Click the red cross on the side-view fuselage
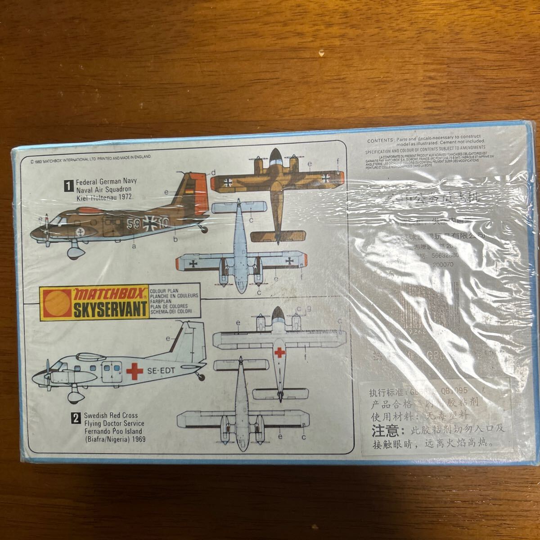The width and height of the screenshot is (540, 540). pyautogui.click(x=134, y=371)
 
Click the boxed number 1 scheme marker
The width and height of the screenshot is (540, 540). pyautogui.click(x=69, y=183)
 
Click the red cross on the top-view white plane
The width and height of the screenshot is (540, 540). pyautogui.click(x=279, y=352)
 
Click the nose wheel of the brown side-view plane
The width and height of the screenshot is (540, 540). pyautogui.click(x=73, y=252)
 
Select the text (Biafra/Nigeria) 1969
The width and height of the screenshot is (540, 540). pyautogui.click(x=110, y=440)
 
